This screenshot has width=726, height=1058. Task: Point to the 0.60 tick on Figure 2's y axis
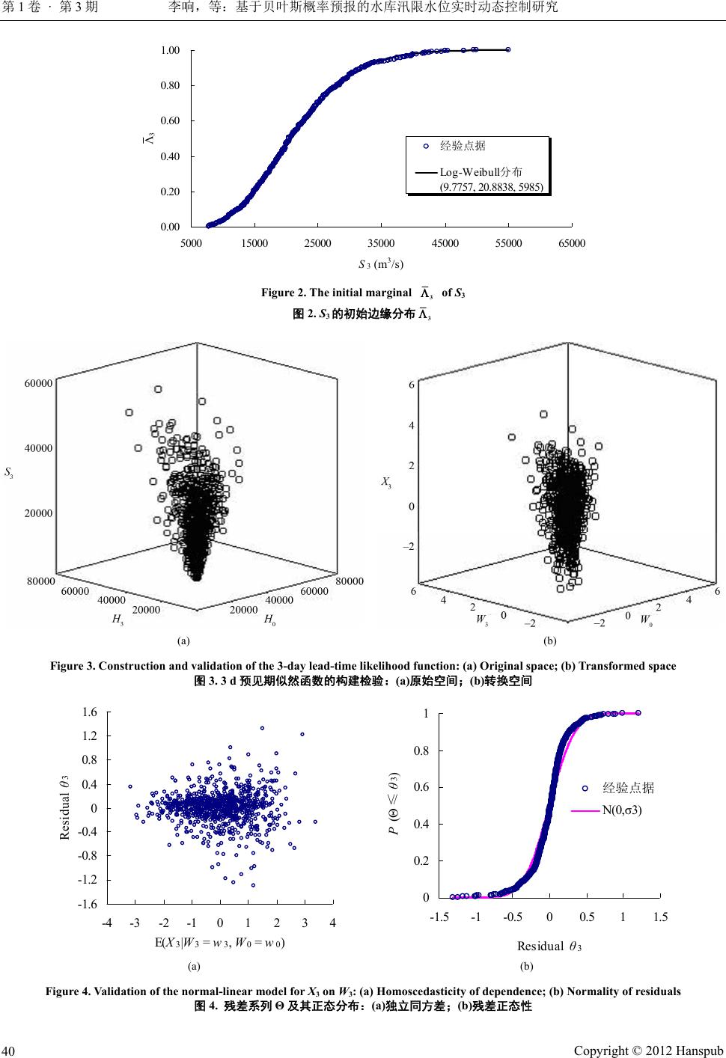pos(171,120)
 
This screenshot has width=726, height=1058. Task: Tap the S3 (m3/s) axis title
pos(381,263)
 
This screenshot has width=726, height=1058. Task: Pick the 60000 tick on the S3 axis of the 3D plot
pos(38,383)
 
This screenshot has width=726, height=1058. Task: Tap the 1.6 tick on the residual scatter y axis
pos(89,712)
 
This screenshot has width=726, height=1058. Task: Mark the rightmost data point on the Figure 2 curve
pos(508,49)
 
